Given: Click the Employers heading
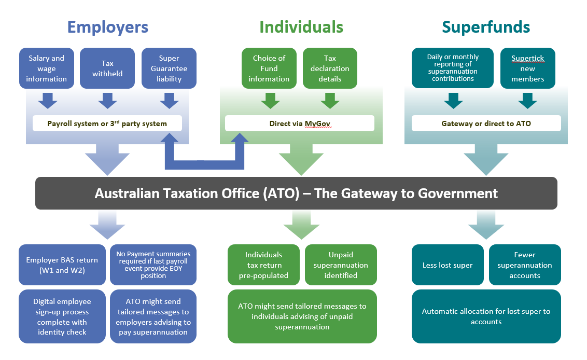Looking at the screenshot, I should tap(108, 27).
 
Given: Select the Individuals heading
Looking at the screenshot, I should tap(301, 27).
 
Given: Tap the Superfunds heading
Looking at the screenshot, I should tap(486, 27).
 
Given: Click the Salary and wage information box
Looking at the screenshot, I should tap(47, 68).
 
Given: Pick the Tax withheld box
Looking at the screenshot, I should tap(107, 68).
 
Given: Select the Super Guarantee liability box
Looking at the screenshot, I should tap(169, 68).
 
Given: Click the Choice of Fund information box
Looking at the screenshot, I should tap(269, 68).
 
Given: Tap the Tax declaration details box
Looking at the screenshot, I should tap(330, 68).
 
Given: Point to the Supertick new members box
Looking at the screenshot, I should tap(528, 68).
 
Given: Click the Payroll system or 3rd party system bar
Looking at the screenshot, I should tap(107, 123).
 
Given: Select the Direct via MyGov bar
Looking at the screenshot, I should tap(300, 123).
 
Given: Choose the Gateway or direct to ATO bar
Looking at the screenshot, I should tap(486, 123).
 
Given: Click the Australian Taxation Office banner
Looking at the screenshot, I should tap(296, 193).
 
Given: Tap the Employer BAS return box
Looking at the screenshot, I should tap(62, 265).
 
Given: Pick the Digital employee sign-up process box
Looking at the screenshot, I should tap(62, 316).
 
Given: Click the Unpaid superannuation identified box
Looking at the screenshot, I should tap(341, 265).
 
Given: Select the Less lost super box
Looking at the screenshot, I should tap(448, 265).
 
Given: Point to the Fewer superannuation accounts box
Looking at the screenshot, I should tap(525, 265).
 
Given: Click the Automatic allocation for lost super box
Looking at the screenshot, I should tap(486, 316).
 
